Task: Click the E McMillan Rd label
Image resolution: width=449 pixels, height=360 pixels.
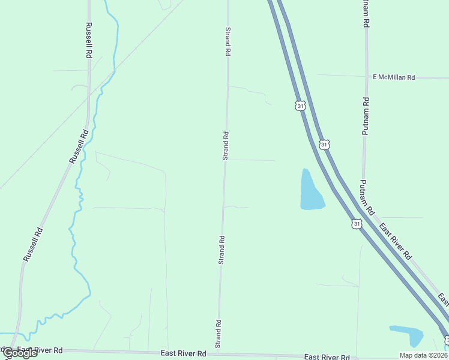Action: pos(394,77)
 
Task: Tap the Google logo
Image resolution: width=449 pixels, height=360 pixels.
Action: pos(20,353)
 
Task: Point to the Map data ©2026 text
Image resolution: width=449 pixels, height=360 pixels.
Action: pos(423,355)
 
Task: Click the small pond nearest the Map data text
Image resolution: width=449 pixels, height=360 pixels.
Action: pos(408,335)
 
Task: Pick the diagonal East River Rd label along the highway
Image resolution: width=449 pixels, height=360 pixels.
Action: pos(395,240)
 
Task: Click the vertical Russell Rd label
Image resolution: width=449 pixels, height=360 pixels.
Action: pos(89,40)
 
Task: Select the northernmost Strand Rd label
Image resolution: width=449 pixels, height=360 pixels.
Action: pos(228,41)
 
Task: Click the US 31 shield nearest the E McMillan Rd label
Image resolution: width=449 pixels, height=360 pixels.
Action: pos(301,106)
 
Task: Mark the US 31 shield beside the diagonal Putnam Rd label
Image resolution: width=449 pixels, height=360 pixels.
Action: pos(357,224)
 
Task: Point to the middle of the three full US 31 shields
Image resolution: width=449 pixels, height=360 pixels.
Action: pos(324,145)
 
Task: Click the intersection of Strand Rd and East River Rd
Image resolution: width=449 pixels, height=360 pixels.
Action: pos(218,353)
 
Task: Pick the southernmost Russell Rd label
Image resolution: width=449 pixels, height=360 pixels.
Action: pos(33,244)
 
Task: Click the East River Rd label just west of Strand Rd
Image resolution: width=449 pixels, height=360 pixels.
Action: pos(183,353)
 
